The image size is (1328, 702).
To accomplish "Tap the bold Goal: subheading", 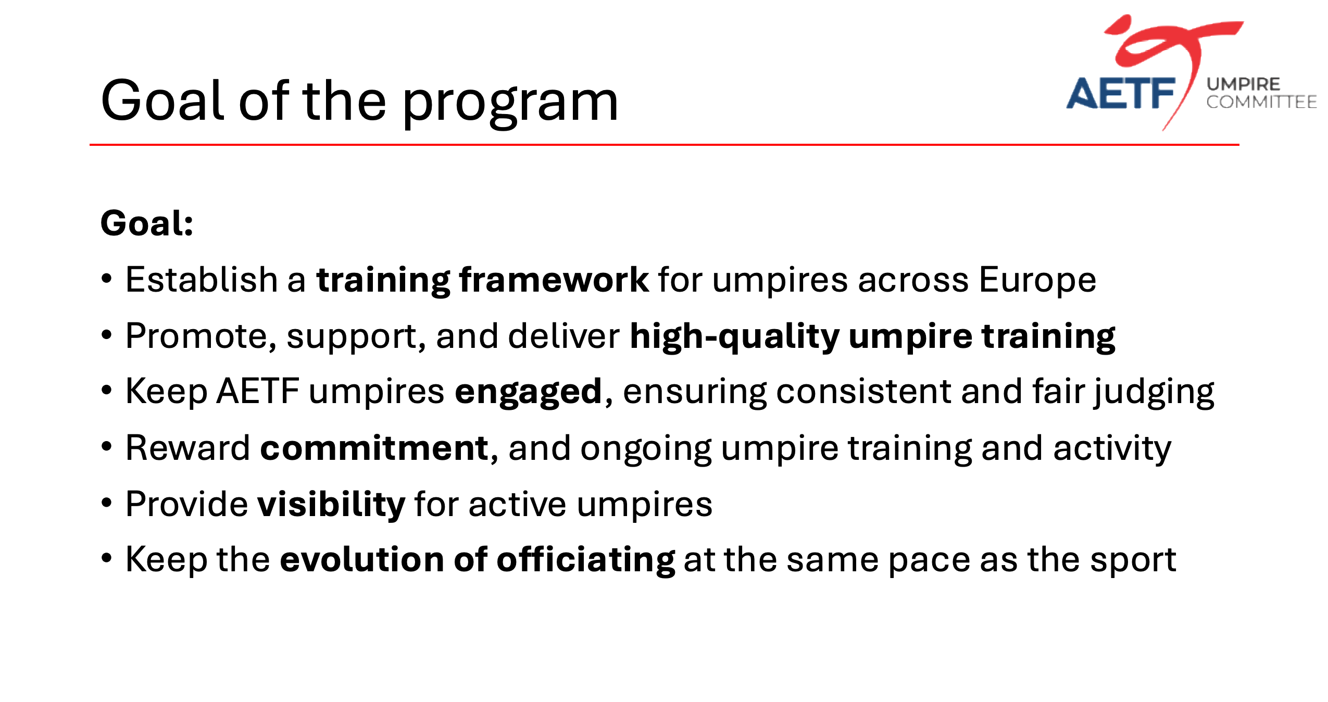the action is tap(147, 223).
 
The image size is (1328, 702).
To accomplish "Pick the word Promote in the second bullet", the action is tap(201, 336).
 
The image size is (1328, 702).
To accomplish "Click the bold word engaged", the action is tap(529, 393).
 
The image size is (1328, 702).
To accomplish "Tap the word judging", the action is tap(1154, 393).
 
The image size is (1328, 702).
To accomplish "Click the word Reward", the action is tap(188, 448).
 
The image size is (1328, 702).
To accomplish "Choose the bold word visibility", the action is tap(332, 504).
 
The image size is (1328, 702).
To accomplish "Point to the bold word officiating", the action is tap(586, 559).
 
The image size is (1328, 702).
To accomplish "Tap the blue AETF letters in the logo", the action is tap(1121, 94).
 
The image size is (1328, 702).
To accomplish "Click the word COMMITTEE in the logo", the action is tap(1261, 102).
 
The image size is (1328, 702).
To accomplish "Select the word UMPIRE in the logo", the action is tap(1243, 84).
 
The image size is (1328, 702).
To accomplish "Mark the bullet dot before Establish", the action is tap(107, 279).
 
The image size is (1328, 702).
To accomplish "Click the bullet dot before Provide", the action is tap(107, 503).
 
